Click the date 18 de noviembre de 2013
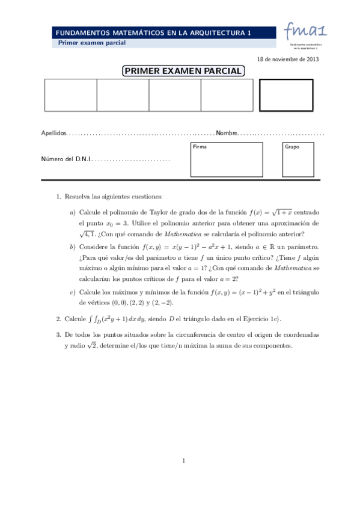coord(287,60)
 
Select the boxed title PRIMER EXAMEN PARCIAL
coord(183,72)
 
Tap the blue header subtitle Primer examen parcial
coord(91,43)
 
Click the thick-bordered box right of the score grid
coord(286,95)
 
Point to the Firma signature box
coord(227,159)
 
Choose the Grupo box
coord(297,159)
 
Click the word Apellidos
coord(53,133)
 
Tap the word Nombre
coord(227,133)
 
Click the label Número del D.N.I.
coord(66,160)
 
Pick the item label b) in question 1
coord(73,247)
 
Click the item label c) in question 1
coord(73,292)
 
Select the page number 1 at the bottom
coord(183,461)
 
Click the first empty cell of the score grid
coord(70,95)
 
